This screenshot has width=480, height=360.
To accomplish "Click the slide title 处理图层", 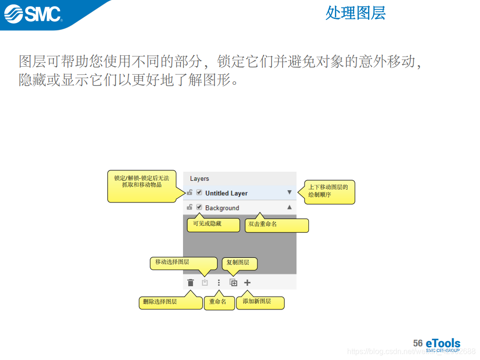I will click(355, 13).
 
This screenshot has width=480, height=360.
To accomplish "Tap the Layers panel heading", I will click(199, 179).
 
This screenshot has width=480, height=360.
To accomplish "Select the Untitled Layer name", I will click(226, 193).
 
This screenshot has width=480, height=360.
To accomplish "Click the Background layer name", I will click(222, 208).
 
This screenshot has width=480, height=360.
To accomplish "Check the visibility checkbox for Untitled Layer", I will click(199, 193).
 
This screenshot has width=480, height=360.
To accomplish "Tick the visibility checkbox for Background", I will click(199, 207).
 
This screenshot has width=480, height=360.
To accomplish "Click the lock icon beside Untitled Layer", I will click(189, 193).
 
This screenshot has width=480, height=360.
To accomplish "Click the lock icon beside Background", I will click(189, 207).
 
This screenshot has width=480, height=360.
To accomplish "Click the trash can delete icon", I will click(191, 283).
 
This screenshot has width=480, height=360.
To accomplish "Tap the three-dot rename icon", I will click(218, 283).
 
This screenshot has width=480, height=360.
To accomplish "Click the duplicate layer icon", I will click(233, 283).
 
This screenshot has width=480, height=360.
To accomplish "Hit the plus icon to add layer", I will click(247, 283).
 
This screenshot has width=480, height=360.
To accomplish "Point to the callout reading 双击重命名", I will click(277, 225).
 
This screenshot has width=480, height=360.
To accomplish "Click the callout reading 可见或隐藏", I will click(213, 224).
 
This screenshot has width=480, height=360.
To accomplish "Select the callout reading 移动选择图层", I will click(183, 263).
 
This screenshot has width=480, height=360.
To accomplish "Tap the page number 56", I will click(418, 343).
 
